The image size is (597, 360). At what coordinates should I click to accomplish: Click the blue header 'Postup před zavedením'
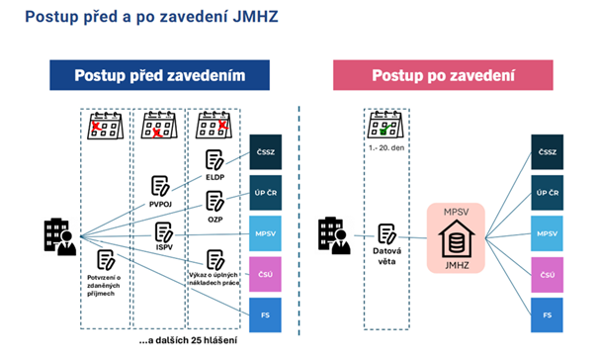pyautogui.click(x=160, y=76)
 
